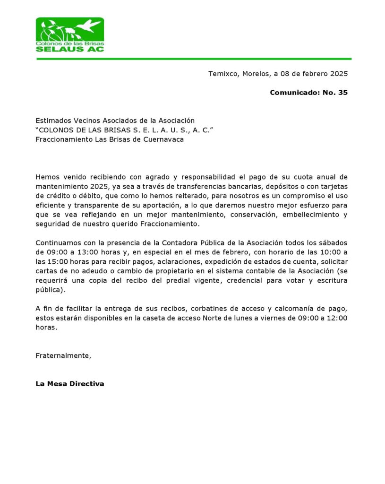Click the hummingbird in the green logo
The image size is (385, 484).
coord(89,25)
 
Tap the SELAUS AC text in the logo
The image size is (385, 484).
coord(70,49)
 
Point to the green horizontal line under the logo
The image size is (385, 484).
coord(194,59)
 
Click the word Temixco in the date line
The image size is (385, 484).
coord(223,74)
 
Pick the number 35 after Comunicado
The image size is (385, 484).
coord(343,93)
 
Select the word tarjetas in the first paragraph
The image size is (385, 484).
coord(334,186)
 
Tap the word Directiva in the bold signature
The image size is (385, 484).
coord(87,384)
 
